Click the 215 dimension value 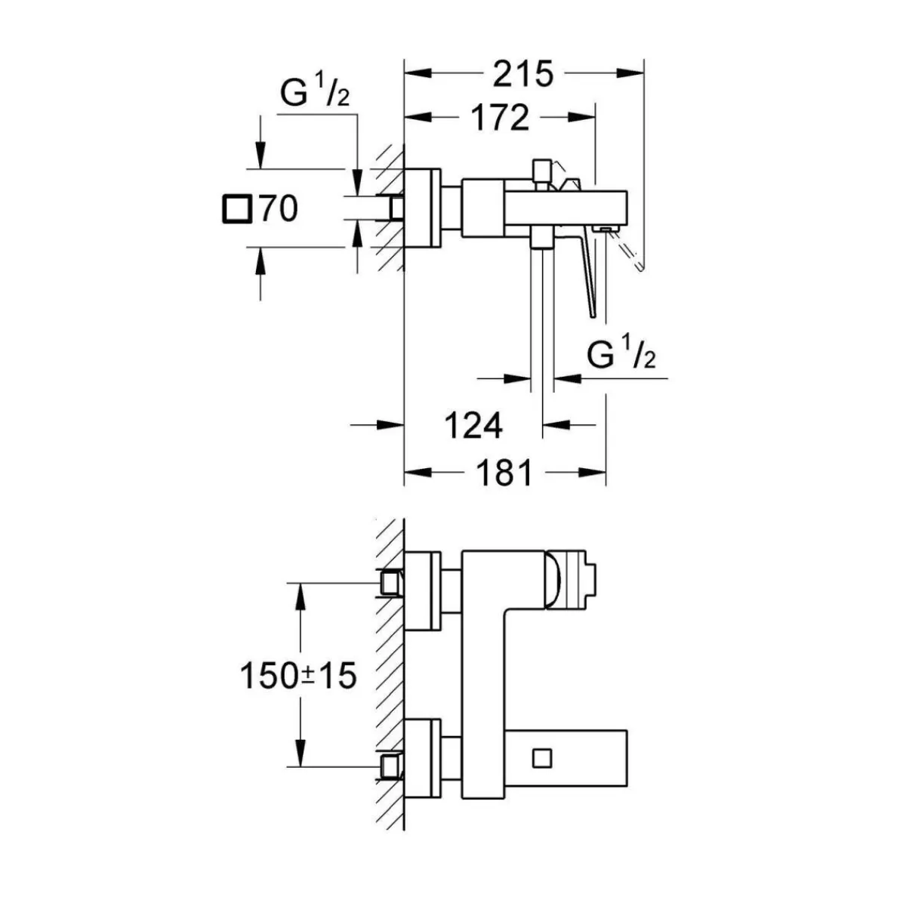point(523,74)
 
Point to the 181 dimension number point(505,473)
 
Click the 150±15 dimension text point(297,676)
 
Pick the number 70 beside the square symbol point(278,208)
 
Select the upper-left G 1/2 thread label point(315,95)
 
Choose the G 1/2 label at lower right point(621,355)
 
